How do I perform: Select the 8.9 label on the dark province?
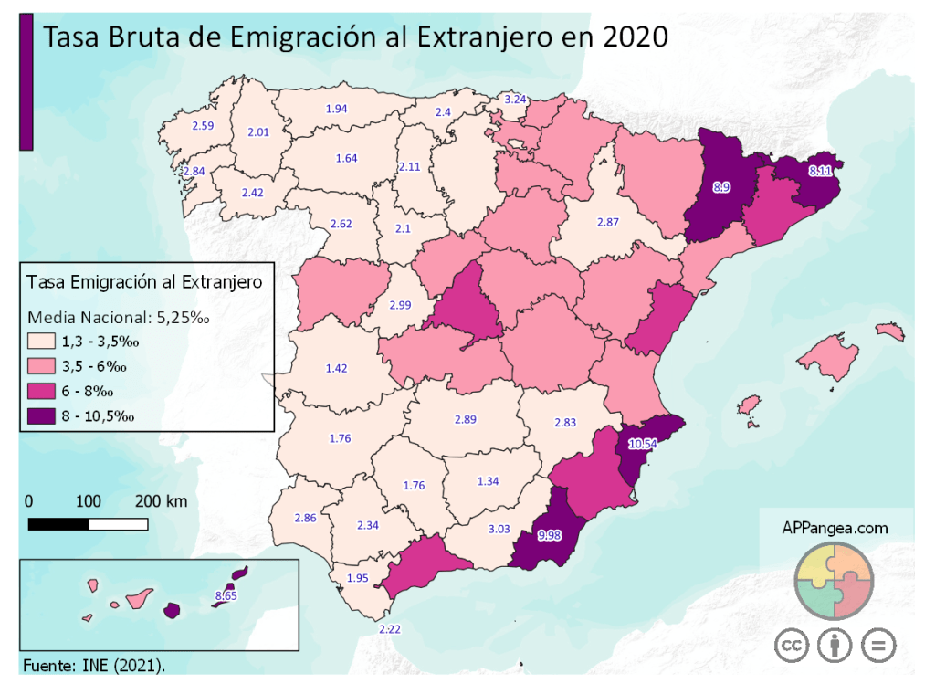pos(721,187)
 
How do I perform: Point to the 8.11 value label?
pos(819,171)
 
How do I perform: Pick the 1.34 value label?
pos(489,481)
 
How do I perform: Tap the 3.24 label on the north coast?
pos(515,99)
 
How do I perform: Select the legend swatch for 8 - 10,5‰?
pos(41,416)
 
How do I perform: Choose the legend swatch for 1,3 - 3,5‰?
pos(41,342)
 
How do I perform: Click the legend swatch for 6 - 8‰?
pos(41,392)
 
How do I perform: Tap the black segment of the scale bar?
pos(58,524)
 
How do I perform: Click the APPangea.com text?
pos(835,528)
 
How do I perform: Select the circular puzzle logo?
pos(835,581)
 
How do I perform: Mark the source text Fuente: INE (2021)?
pos(94,665)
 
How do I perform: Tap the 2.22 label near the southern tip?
pos(390,628)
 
